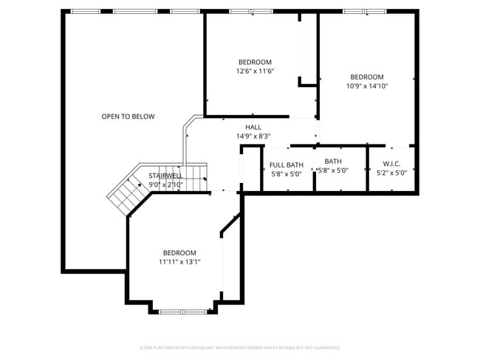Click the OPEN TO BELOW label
(x=128, y=117)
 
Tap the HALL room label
(x=253, y=127)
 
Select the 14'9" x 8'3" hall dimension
(x=253, y=136)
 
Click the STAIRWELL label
(x=165, y=176)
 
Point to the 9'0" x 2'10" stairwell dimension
(x=165, y=184)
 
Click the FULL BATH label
(x=286, y=165)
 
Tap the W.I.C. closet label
(x=391, y=163)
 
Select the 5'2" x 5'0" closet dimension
(x=391, y=173)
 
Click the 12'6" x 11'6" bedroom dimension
(x=255, y=72)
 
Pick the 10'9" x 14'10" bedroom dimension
(x=367, y=86)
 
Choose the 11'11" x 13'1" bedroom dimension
(x=179, y=262)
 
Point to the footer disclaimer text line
(x=240, y=347)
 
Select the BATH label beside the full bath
(x=333, y=162)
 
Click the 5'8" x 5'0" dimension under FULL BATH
(x=286, y=175)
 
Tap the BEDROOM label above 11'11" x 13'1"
(x=179, y=252)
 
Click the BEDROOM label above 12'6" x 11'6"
(x=255, y=62)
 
